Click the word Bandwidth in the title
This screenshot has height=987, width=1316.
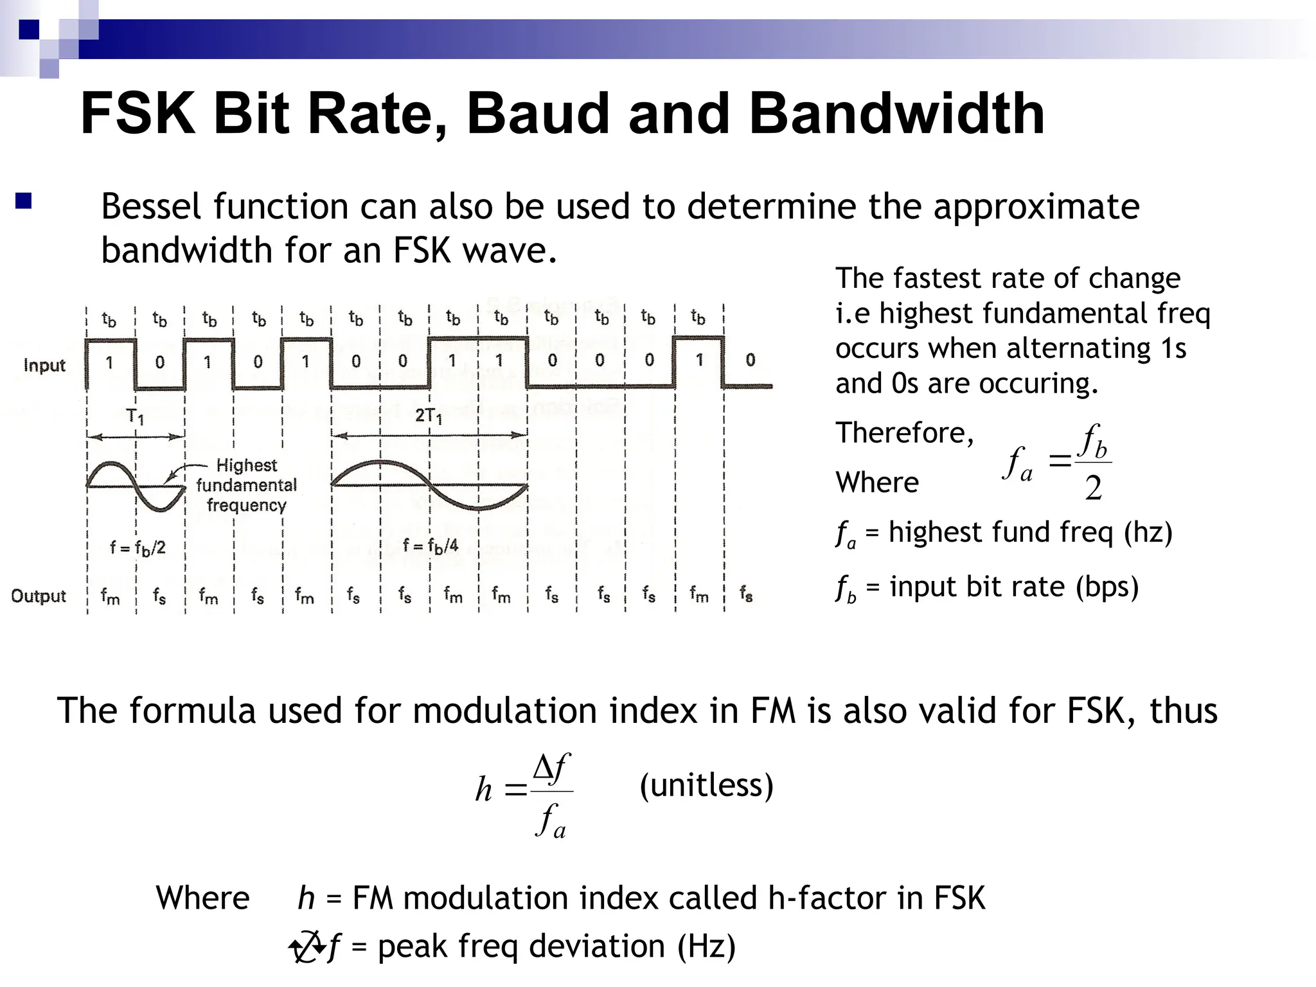[x=896, y=114]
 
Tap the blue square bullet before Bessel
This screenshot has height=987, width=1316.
[x=24, y=202]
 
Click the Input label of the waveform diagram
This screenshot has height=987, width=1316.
[x=44, y=366]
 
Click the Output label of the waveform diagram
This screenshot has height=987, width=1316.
[x=39, y=596]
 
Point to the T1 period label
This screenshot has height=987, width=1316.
[x=136, y=416]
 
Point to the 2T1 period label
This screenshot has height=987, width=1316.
[x=429, y=416]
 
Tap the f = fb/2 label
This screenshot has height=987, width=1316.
[x=138, y=547]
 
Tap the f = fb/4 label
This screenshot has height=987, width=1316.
[x=431, y=546]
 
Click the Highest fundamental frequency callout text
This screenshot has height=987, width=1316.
[x=247, y=485]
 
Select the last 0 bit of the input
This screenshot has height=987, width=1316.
[x=750, y=360]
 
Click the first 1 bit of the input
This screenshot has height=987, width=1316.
[x=110, y=362]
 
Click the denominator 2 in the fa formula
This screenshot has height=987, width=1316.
[x=1093, y=488]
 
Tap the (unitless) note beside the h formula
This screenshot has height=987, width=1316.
[x=706, y=785]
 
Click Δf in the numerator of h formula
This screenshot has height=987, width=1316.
[x=551, y=767]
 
